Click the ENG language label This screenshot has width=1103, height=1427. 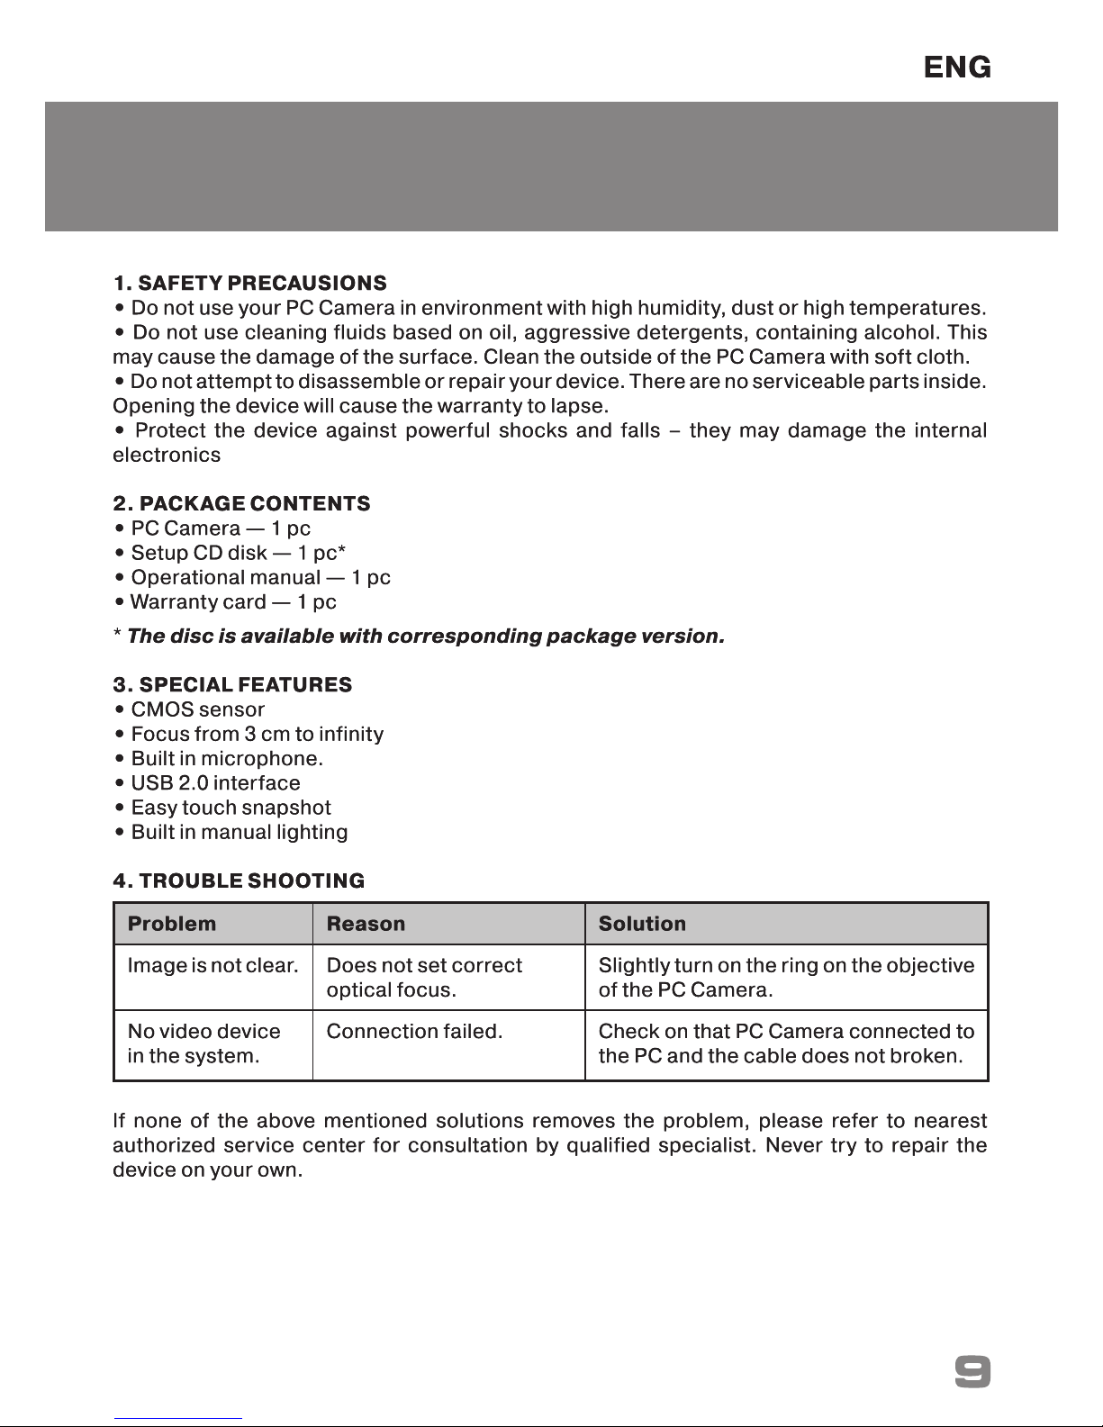(x=957, y=68)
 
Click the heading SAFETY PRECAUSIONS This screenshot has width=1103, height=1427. (x=249, y=283)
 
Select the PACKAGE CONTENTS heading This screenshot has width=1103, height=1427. (x=241, y=503)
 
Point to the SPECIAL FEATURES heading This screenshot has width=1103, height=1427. (x=232, y=684)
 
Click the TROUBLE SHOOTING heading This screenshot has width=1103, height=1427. (x=239, y=880)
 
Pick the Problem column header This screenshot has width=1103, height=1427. (x=172, y=924)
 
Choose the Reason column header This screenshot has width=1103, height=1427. (x=366, y=924)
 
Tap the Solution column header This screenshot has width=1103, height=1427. (x=642, y=924)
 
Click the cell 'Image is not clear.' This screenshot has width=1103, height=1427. (x=212, y=966)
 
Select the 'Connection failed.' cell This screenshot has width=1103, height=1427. (x=414, y=1032)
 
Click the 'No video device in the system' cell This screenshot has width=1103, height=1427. (x=203, y=1043)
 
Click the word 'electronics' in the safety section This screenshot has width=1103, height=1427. (x=167, y=455)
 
